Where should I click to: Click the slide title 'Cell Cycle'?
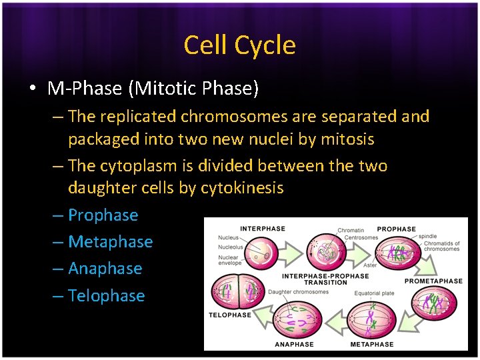click(239, 45)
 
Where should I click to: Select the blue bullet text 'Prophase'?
click(103, 215)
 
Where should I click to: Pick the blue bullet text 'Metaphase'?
click(111, 242)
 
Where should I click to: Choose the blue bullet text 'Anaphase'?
click(105, 269)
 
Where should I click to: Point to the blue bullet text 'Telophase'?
click(107, 295)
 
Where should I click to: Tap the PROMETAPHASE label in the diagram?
click(433, 281)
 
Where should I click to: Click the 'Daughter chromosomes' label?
click(298, 291)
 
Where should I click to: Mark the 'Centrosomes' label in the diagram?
click(361, 237)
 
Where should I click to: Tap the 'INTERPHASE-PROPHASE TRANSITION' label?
click(325, 279)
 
